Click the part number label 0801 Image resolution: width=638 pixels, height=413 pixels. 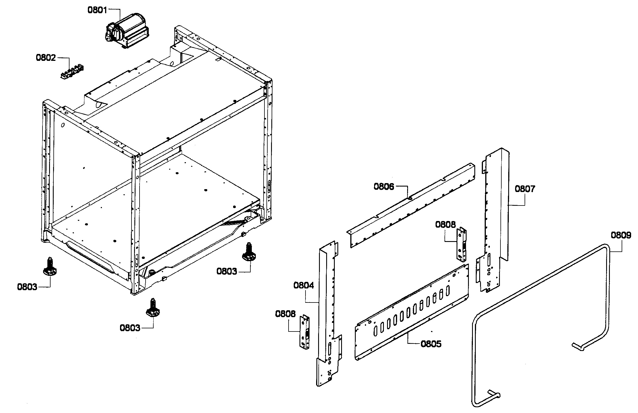(97, 10)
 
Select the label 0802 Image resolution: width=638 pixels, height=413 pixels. (46, 58)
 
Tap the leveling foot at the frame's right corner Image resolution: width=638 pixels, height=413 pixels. (249, 253)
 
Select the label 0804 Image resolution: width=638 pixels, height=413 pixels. (303, 285)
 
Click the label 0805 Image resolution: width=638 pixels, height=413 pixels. (431, 344)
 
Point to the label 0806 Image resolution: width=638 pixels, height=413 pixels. (384, 187)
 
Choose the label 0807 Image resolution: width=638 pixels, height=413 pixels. (525, 189)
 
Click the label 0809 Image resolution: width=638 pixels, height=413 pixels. (621, 235)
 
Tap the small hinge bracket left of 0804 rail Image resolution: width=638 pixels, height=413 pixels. (305, 332)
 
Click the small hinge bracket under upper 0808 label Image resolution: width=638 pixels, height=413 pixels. (462, 245)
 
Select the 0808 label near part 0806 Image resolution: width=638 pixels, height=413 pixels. (445, 224)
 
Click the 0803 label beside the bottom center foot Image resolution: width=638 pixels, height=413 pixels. (130, 328)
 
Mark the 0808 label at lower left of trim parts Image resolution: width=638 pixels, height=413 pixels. (285, 314)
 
